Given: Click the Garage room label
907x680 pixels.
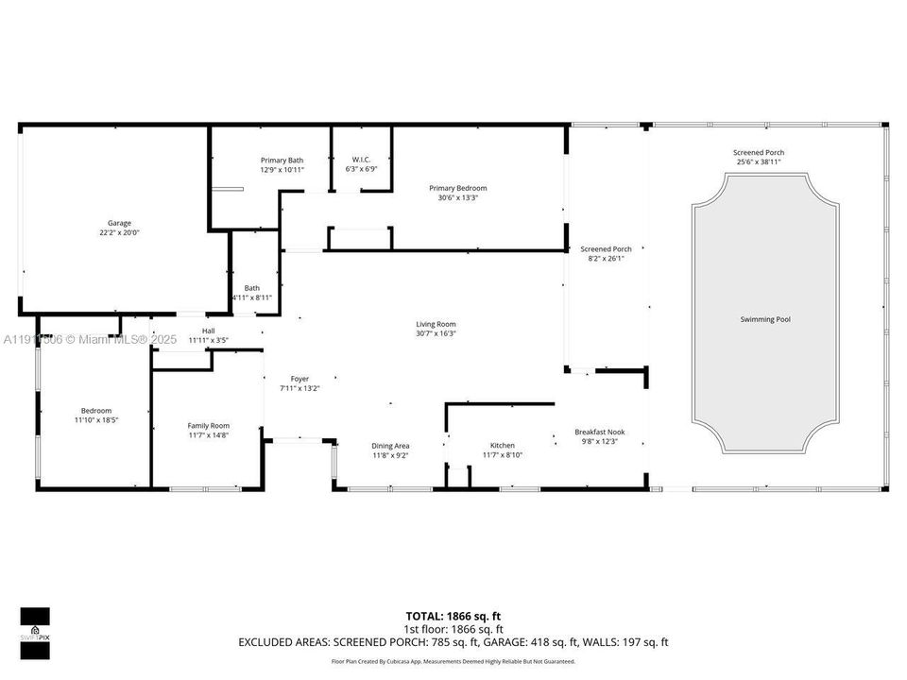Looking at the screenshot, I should tap(119, 223).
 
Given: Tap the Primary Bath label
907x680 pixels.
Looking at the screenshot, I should tap(282, 161).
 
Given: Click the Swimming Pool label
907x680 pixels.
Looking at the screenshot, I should tap(764, 319).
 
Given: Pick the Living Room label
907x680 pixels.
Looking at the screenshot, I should tap(436, 324).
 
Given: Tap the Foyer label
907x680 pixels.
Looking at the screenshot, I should tap(299, 379).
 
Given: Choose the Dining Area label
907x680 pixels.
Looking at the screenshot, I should tap(390, 446).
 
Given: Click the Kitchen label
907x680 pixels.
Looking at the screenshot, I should tap(502, 446).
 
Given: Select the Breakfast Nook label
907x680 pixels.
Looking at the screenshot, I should tap(599, 432).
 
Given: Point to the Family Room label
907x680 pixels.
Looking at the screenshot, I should tap(208, 426).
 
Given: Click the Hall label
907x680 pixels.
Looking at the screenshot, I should tap(208, 331).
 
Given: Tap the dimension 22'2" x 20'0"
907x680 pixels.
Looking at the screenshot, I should tap(119, 232).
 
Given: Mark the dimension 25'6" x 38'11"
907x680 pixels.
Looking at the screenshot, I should tap(759, 161).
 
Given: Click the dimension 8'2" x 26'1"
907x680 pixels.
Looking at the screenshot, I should tap(606, 258).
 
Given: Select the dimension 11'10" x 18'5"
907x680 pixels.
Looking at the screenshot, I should tap(95, 419).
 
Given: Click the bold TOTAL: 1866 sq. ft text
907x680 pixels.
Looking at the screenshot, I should tap(453, 616).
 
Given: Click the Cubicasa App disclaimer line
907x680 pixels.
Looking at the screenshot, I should tap(453, 661).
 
